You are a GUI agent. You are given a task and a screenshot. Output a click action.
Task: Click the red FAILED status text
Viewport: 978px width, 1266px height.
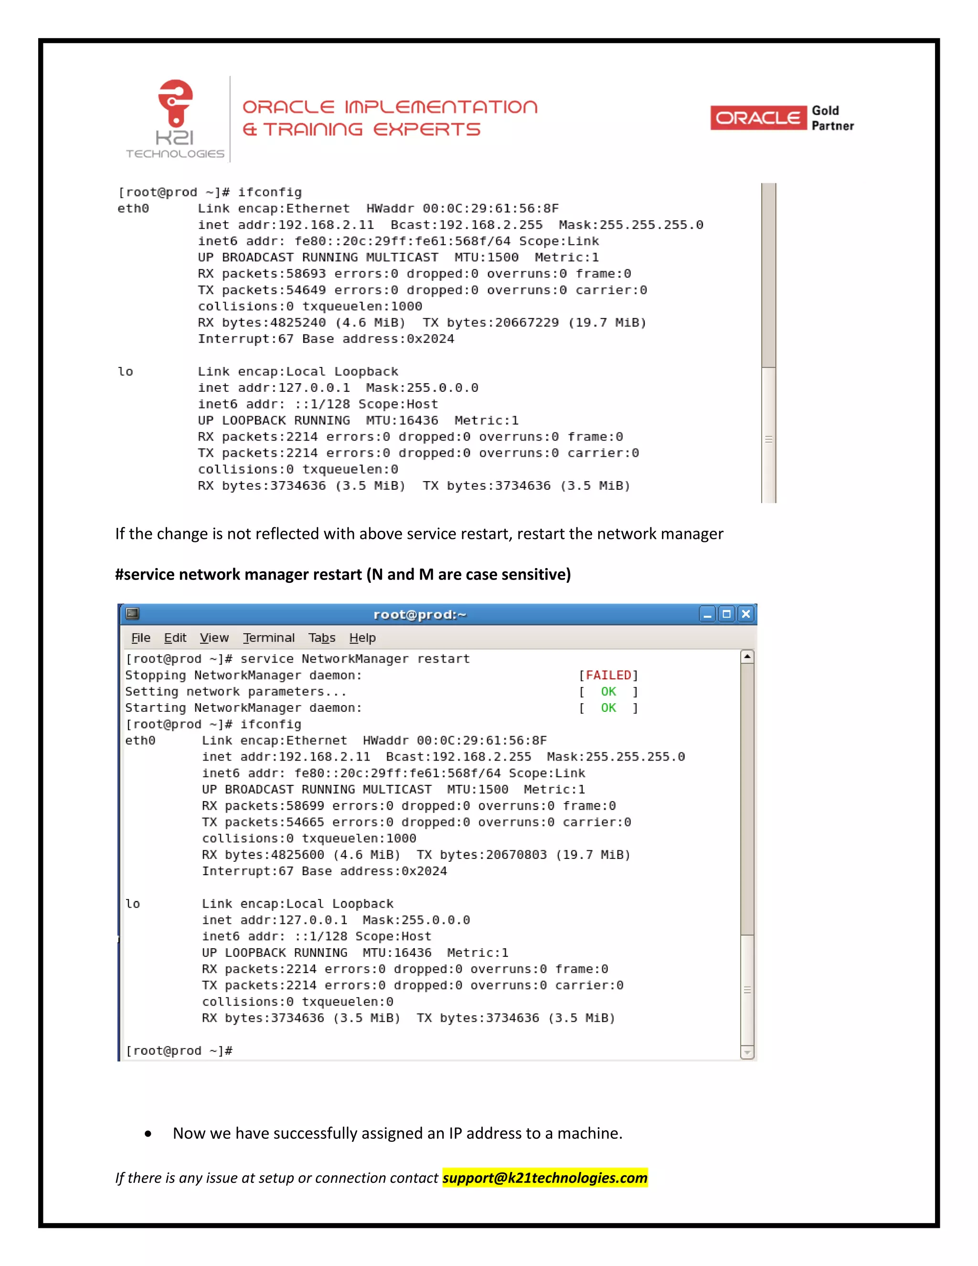click(608, 676)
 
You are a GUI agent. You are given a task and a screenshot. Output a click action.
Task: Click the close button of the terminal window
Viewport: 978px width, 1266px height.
click(746, 614)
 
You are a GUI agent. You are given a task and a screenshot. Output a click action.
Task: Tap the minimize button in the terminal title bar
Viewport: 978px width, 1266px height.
click(707, 614)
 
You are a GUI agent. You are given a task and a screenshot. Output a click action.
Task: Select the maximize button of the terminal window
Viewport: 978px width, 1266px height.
click(726, 614)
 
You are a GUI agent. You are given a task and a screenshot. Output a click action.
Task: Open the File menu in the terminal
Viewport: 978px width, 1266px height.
click(141, 638)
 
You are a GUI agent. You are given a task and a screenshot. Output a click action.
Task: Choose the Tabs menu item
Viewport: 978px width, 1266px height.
click(321, 638)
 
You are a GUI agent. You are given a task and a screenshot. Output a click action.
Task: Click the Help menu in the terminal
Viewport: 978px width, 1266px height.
click(362, 638)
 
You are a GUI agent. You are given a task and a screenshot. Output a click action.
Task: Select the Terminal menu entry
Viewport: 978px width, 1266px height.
click(269, 638)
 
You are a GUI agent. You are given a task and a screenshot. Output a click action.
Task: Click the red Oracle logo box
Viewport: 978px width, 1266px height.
click(758, 118)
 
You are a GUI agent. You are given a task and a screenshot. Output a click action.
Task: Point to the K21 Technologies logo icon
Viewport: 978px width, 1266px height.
click(176, 103)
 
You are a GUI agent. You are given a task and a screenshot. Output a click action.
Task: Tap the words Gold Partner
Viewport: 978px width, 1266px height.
click(832, 118)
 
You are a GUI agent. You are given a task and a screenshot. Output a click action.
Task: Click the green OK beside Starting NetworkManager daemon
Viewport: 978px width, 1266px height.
click(608, 708)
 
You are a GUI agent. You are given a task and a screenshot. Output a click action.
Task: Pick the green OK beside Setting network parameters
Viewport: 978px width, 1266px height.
click(608, 692)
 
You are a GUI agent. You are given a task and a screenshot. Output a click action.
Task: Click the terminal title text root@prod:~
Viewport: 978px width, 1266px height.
click(420, 614)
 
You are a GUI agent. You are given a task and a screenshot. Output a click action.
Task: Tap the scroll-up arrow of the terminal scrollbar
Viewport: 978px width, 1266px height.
click(747, 657)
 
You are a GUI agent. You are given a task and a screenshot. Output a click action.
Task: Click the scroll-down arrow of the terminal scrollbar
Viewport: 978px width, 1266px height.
click(747, 1052)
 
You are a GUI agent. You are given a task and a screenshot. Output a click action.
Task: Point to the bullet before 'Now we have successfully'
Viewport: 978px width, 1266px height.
click(149, 1134)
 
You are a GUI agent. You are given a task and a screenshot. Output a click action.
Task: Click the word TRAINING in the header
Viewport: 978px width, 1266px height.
click(313, 129)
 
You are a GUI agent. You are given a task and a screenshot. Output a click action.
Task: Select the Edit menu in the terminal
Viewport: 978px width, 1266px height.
click(175, 638)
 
